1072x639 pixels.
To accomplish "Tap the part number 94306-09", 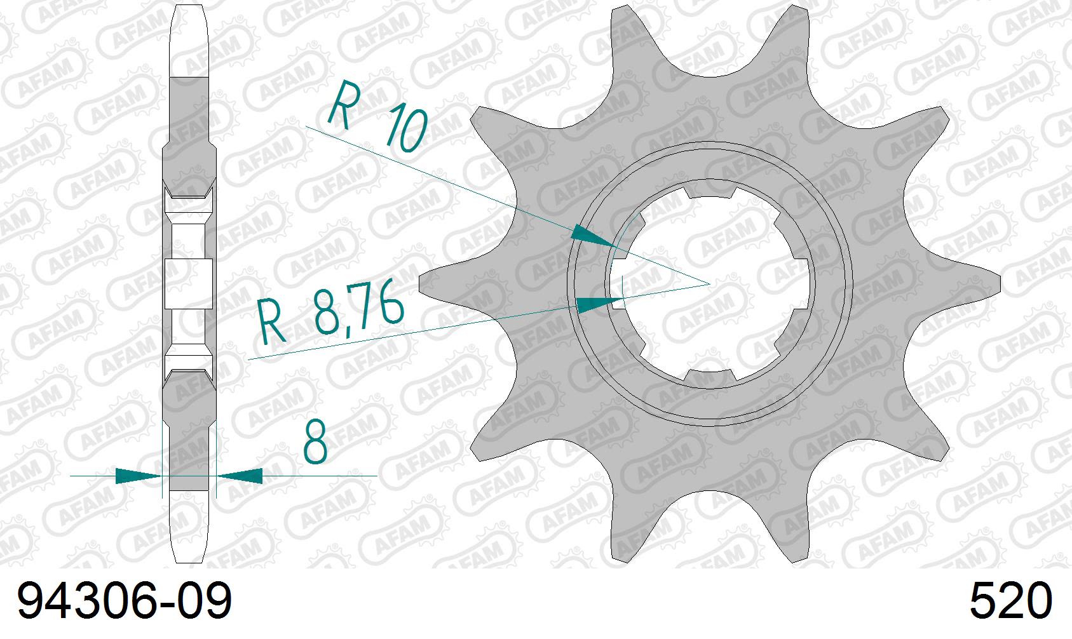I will tap(125, 602).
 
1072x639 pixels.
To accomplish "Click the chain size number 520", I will tap(1010, 602).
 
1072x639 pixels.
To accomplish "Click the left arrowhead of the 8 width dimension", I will tap(137, 475).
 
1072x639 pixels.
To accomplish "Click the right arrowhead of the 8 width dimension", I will tap(241, 475).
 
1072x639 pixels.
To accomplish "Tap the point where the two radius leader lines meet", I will tap(709, 283).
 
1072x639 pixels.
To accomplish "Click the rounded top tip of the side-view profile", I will tap(190, 8).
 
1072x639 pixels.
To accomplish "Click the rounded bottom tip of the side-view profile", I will tap(190, 559).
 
